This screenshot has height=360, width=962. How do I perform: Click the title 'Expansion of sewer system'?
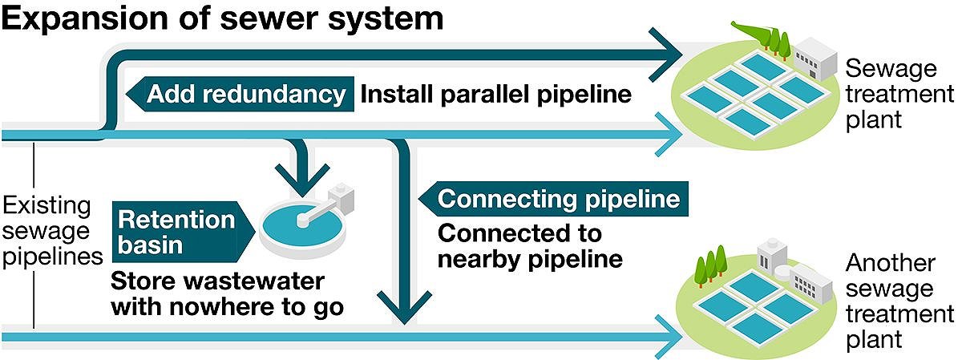(222, 19)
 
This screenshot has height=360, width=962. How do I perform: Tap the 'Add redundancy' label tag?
(245, 95)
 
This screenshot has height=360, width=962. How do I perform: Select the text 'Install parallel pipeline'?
(495, 95)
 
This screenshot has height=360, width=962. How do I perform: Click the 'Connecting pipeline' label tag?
(558, 199)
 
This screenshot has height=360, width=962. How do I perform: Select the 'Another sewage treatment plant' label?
(890, 301)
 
